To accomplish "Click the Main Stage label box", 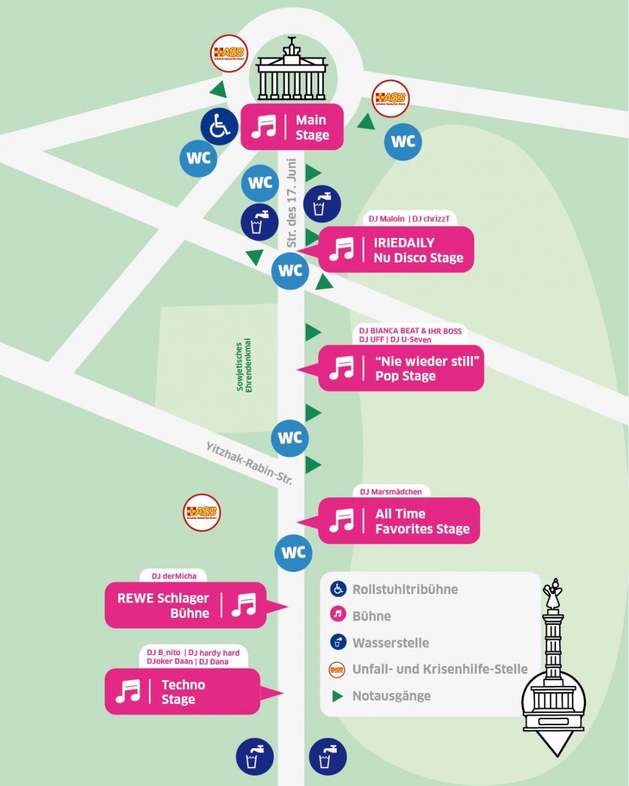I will (x=292, y=127).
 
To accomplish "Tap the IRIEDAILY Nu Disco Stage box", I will (x=396, y=250).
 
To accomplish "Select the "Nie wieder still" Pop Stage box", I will (x=401, y=368).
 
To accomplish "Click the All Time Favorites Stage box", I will (x=399, y=521).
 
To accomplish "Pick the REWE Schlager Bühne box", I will (x=185, y=605).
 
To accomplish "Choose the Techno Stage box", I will (x=182, y=692).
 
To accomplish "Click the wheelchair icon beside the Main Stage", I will (x=220, y=127).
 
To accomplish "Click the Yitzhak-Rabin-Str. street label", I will (x=249, y=463).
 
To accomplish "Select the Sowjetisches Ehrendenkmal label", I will (x=245, y=364).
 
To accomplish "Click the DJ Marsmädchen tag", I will (x=391, y=491).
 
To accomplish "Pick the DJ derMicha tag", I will (x=175, y=576).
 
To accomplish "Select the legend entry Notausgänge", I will (x=391, y=696).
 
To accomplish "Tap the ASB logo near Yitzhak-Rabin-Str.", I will (x=202, y=512).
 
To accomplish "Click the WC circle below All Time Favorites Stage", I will (x=293, y=552).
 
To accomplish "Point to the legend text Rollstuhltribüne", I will (x=405, y=589).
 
